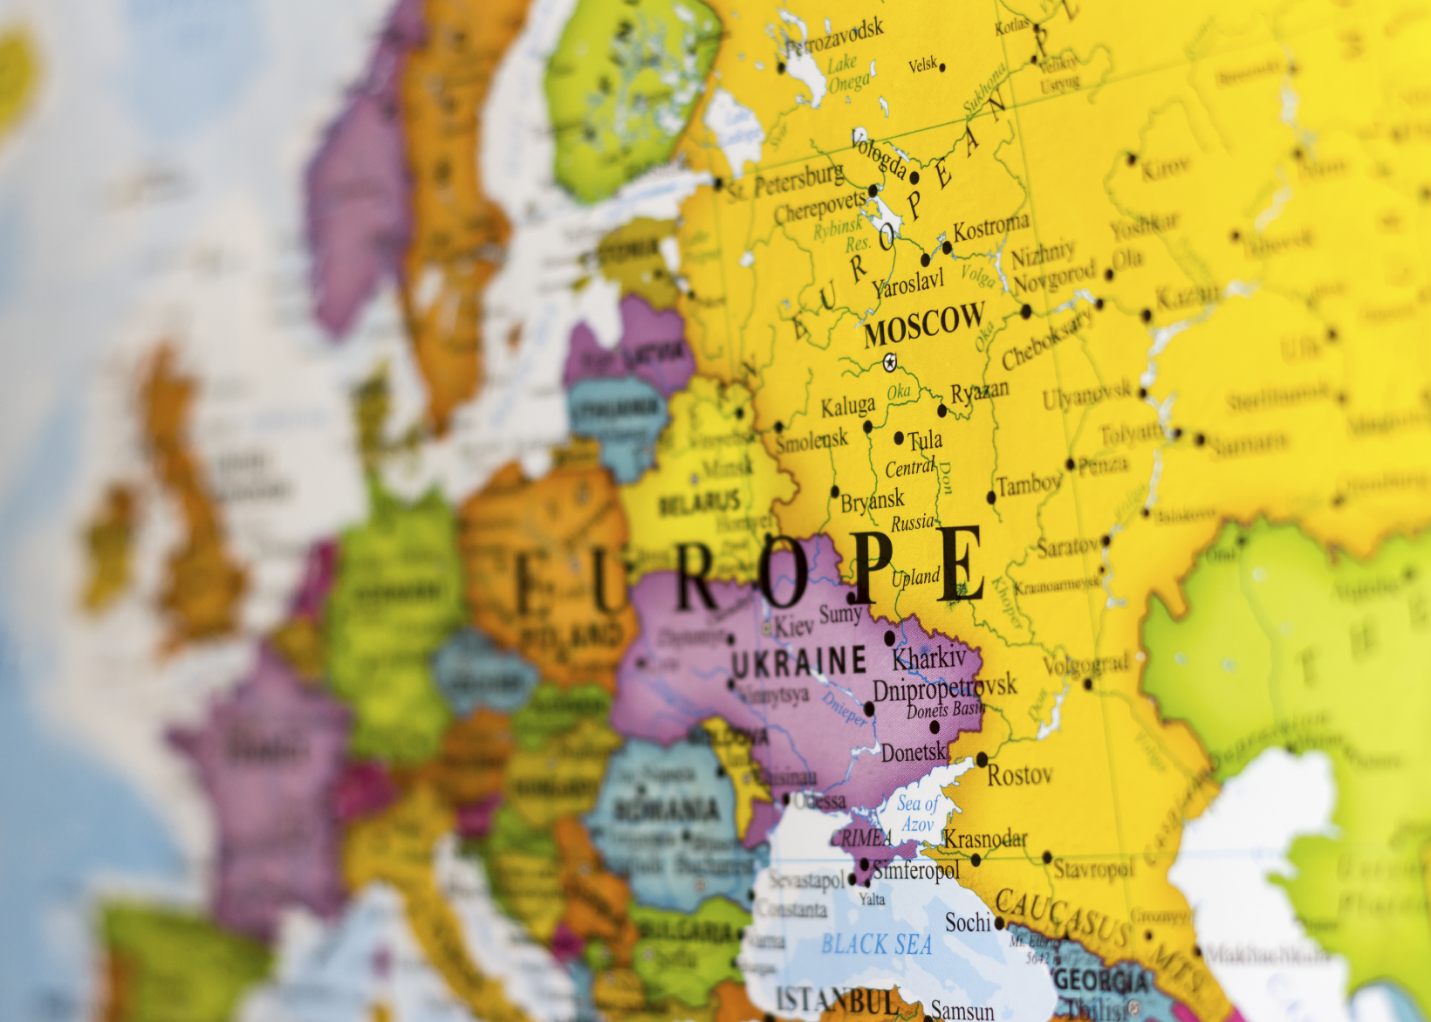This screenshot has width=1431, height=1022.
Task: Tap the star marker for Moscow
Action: point(889,362)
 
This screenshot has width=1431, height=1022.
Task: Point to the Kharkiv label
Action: point(929,657)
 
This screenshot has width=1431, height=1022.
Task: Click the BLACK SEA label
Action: point(876,944)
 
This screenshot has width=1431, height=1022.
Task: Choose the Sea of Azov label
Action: point(918,813)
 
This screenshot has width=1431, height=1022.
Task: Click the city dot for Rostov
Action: point(982,759)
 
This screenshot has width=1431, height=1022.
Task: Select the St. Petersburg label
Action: point(786,182)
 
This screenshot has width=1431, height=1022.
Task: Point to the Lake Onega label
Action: point(847,74)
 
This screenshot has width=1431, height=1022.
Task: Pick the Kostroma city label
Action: point(990,228)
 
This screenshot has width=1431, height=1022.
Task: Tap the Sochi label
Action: point(968,923)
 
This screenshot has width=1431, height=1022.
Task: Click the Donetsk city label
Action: point(914,751)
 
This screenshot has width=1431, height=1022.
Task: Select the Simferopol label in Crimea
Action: point(915,870)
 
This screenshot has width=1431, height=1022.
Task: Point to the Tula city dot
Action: point(900,438)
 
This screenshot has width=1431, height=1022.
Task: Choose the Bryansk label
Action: point(873,501)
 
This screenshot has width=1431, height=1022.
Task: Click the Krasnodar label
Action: point(984,840)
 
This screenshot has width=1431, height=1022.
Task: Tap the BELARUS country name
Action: point(699,504)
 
